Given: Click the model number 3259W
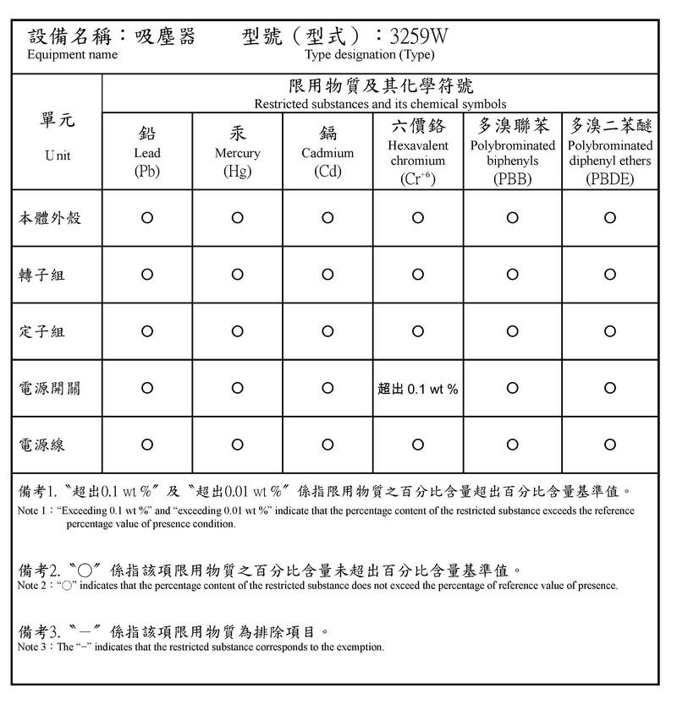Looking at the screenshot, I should (x=418, y=36).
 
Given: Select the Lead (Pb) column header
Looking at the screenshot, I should (x=147, y=153).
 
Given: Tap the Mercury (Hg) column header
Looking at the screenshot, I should (x=237, y=153).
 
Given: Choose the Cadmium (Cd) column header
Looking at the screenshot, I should (x=327, y=153).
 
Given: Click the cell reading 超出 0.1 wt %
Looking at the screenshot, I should (x=418, y=389).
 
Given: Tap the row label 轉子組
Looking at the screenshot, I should (x=42, y=275).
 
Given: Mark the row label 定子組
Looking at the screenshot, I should (x=42, y=331).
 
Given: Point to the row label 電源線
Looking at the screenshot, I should (x=42, y=445).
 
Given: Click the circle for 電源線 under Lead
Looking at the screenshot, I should (x=147, y=445).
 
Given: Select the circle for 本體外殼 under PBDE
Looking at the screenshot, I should (x=610, y=218).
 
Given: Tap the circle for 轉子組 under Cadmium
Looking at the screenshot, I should (x=327, y=275).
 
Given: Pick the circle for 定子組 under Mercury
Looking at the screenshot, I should (x=237, y=331).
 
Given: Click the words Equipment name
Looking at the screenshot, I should (x=73, y=55).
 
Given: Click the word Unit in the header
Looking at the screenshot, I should (x=58, y=156).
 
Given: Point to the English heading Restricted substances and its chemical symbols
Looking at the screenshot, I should (x=380, y=104).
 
